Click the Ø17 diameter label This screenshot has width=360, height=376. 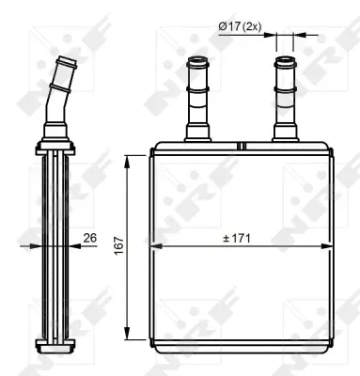pyautogui.click(x=228, y=28)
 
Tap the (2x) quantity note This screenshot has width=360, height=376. pyautogui.click(x=249, y=28)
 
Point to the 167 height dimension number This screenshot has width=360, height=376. pyautogui.click(x=116, y=243)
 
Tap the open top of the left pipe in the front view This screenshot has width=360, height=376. pyautogui.click(x=198, y=63)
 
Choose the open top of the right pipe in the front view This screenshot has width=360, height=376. pyautogui.click(x=284, y=63)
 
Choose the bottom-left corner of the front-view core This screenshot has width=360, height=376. pyautogui.click(x=152, y=343)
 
